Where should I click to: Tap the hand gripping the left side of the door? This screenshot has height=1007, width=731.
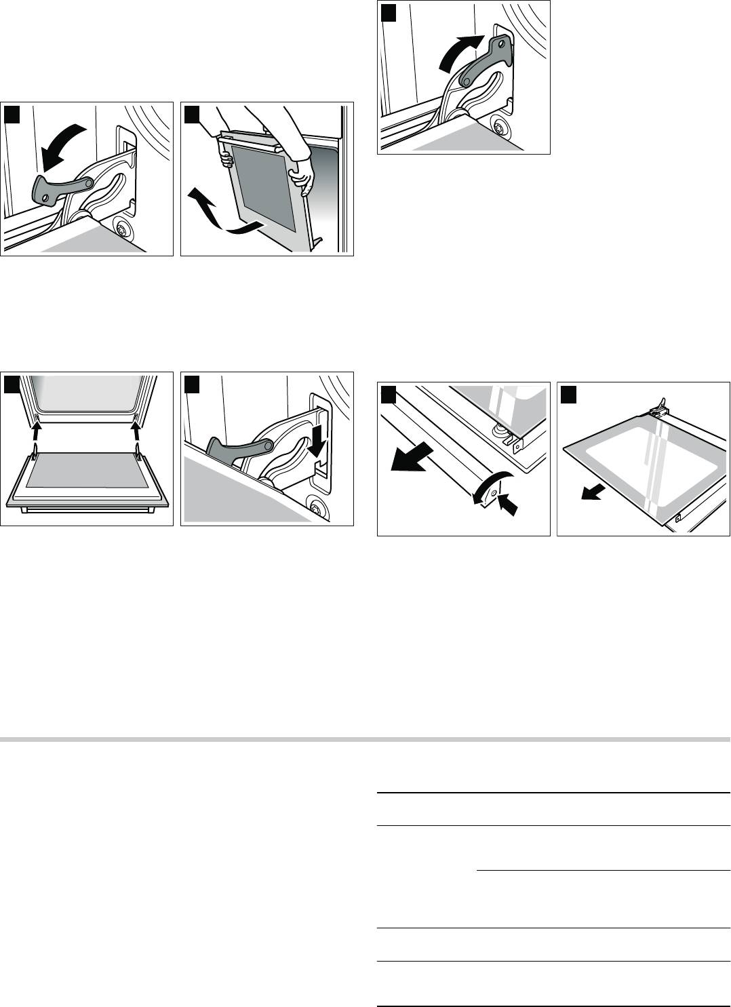[226, 158]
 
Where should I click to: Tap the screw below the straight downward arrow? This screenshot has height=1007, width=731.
[315, 505]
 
